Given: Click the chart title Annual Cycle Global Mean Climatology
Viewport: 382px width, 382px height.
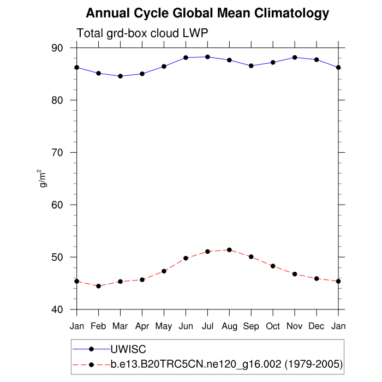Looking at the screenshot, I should (x=207, y=13).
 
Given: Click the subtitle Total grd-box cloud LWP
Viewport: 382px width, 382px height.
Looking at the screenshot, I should (x=142, y=33).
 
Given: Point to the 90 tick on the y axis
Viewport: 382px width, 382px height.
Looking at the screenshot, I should (x=57, y=48).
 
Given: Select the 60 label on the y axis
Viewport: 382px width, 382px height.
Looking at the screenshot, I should (x=57, y=205).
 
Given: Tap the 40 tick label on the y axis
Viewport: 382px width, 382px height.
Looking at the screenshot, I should (x=57, y=309).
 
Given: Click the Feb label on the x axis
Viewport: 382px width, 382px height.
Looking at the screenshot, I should (x=98, y=326).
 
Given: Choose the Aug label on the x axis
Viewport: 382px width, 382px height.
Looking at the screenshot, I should (x=229, y=326).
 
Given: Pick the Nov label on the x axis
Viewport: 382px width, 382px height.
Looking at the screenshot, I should (x=295, y=326).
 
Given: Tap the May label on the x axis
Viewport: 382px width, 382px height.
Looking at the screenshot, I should (x=164, y=326).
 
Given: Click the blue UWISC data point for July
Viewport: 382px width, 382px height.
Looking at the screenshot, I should (x=207, y=57).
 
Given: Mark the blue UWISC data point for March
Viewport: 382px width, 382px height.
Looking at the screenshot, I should (x=120, y=76).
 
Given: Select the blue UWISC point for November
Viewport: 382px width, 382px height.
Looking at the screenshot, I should (x=295, y=57).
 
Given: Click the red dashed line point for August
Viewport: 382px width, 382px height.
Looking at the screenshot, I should (x=229, y=250).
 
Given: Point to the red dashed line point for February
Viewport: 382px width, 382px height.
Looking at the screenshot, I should (x=98, y=286).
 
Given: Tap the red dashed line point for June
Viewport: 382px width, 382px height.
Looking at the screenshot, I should (x=186, y=258).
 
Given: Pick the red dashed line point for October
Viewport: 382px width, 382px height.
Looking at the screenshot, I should (x=273, y=266).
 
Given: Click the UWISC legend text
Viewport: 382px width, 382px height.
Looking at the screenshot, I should (x=129, y=349).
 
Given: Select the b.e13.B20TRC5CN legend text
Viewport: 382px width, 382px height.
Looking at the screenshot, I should (x=226, y=364).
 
